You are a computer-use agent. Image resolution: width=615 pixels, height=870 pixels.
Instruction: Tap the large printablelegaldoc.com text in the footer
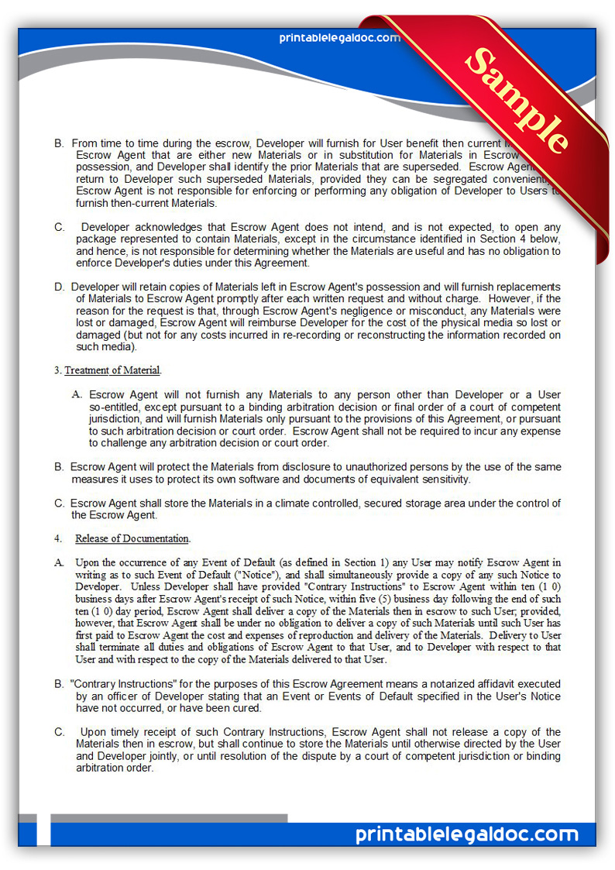(467, 834)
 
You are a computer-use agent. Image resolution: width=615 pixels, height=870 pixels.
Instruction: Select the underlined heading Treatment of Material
(113, 370)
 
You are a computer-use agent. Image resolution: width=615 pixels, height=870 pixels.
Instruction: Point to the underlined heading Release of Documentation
(132, 538)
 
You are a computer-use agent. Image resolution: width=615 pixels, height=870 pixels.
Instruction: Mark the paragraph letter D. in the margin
(59, 287)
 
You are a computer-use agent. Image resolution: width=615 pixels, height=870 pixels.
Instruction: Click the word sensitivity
(442, 480)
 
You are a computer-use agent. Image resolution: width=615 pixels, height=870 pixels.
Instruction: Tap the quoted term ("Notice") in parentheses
(261, 575)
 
